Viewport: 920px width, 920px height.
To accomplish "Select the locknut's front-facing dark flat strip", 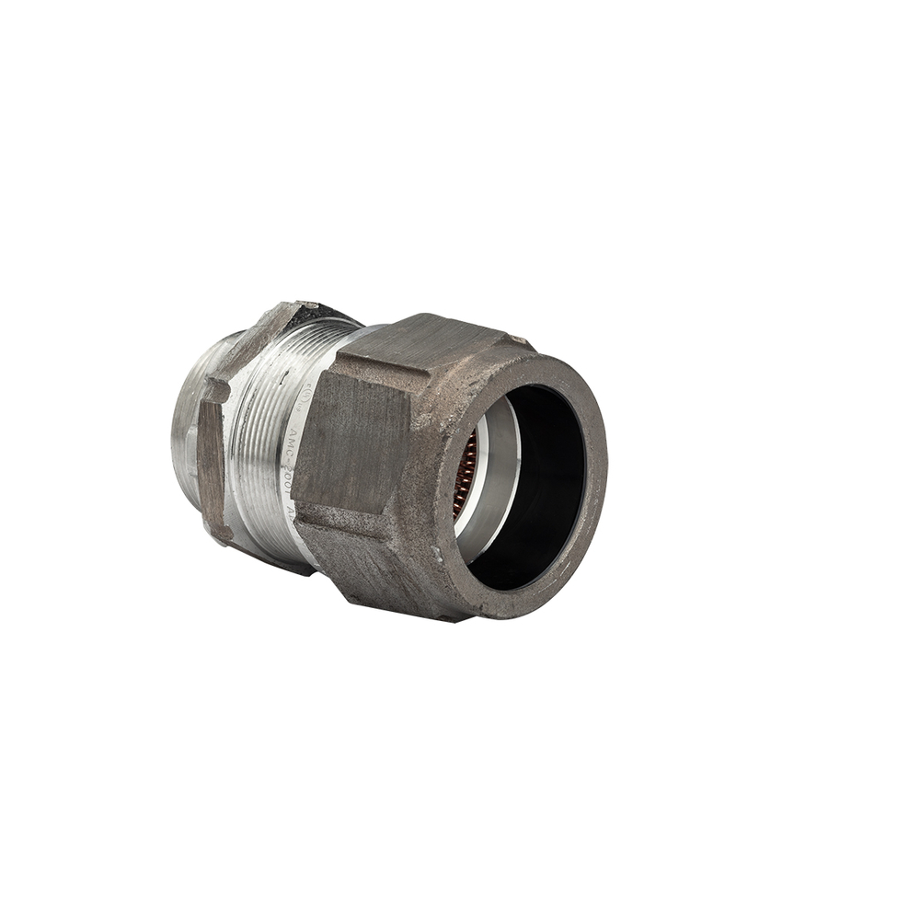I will pos(211,460).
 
